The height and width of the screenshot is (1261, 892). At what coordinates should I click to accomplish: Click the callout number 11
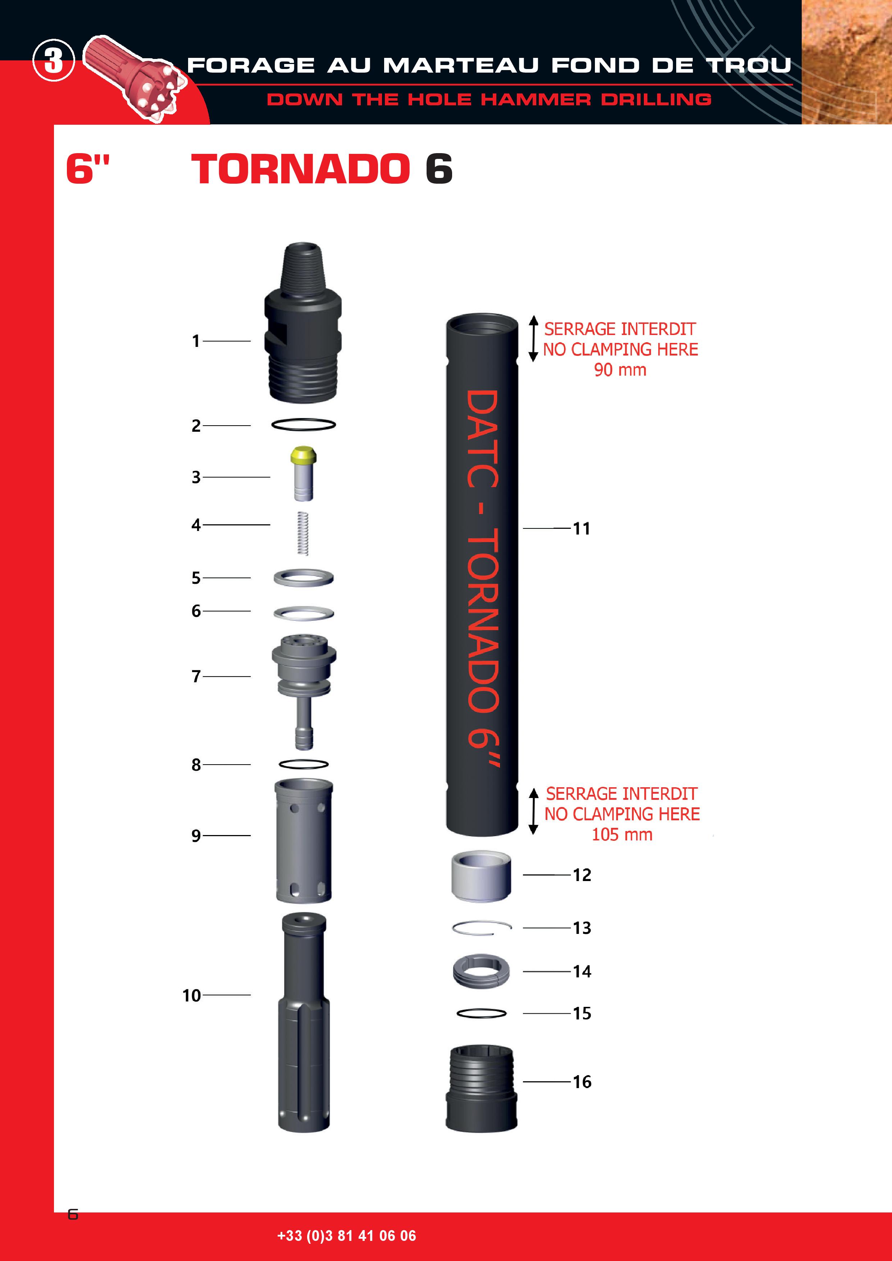pos(582,528)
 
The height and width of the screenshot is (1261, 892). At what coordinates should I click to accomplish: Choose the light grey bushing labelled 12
pos(481,876)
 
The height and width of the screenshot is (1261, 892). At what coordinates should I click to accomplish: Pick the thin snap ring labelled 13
pos(482,928)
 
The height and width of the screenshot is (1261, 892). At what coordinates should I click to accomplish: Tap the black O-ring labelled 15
pos(482,1013)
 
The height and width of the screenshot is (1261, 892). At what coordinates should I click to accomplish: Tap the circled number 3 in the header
pos(53,60)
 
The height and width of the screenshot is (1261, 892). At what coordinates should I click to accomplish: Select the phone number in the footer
pos(347,1236)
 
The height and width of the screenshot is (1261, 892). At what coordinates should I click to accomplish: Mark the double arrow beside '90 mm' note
pos(533,338)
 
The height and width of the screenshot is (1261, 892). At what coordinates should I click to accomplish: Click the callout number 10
pos(192,995)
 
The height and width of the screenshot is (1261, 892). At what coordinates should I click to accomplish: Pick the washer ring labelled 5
pos(303,578)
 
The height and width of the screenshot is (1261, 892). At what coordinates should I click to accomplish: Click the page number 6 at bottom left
pos(73,1214)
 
